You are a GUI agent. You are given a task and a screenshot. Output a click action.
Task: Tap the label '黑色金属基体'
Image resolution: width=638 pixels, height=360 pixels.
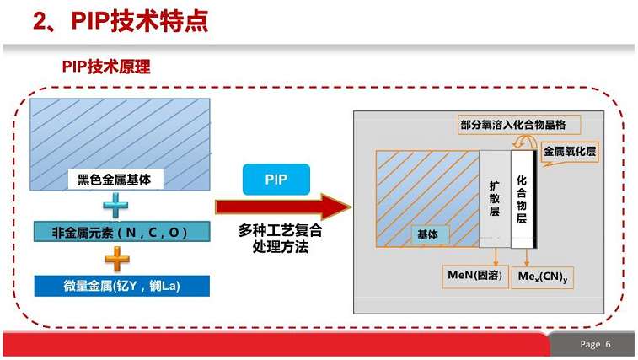(x=115, y=179)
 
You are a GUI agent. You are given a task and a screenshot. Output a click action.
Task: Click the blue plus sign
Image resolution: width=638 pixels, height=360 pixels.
(x=115, y=206)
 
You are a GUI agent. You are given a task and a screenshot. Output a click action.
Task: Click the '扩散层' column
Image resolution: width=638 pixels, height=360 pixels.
(x=495, y=199)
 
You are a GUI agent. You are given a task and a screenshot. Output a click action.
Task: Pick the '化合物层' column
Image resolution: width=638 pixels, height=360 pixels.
(x=521, y=199)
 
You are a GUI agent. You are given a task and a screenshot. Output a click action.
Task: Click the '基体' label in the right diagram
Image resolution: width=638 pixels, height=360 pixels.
(x=428, y=235)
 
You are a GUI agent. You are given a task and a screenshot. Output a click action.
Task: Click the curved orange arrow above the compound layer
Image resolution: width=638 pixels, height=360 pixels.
(x=525, y=142)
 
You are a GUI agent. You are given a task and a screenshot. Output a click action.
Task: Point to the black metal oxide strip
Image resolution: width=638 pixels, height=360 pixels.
(x=535, y=199)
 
